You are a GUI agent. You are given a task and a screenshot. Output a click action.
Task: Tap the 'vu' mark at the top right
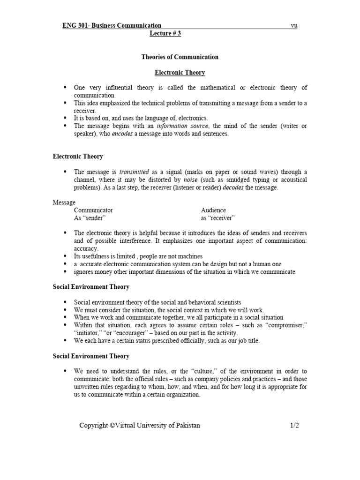[x=294, y=26]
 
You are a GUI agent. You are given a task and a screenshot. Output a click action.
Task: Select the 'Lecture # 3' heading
[x=165, y=34]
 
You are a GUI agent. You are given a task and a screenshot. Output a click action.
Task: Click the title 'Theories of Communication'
[x=180, y=57]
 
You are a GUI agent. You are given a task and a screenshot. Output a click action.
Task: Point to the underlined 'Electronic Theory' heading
[x=180, y=73]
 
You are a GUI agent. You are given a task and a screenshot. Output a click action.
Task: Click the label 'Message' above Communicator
[x=64, y=202]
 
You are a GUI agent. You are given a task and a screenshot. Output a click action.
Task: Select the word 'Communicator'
[x=93, y=210]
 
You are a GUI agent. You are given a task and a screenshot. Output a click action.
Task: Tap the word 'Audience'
[x=213, y=210]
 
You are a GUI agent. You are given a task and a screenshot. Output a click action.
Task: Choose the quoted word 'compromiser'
[x=285, y=325]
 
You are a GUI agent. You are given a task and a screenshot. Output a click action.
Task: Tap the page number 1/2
[x=294, y=425]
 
